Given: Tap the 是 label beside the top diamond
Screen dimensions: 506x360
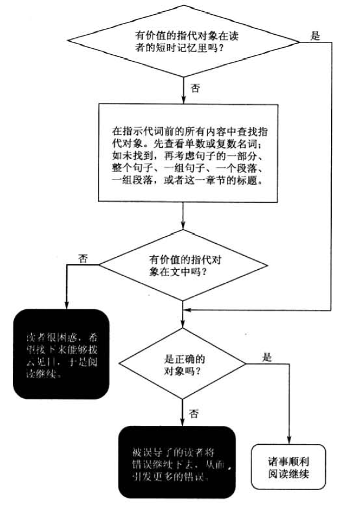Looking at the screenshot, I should [315, 35].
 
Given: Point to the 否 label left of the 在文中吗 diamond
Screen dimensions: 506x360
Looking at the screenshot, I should [82, 259].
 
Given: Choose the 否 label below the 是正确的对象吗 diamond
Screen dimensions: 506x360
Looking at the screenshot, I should [194, 414].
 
